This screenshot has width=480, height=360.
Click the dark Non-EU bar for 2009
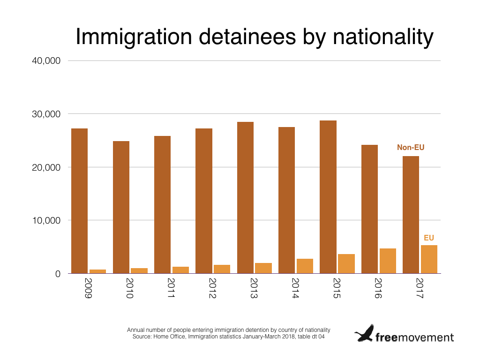point(79,201)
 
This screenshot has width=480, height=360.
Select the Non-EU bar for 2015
point(328,197)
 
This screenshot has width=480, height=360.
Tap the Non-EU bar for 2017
point(411,215)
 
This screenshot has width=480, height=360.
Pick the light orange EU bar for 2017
point(429,259)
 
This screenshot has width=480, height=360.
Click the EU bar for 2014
point(305,266)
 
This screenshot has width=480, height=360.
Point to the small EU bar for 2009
point(97,271)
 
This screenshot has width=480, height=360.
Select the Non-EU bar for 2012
point(204,201)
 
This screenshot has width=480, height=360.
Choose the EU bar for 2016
point(388,261)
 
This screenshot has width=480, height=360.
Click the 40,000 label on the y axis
point(46,60)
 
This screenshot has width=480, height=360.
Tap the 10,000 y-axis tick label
point(46,220)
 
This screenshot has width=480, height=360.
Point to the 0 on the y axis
point(58,274)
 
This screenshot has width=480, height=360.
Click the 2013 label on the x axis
point(254,288)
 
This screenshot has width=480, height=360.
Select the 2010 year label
point(129,288)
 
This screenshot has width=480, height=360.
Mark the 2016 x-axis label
point(378,288)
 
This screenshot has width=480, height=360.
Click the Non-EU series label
point(411,148)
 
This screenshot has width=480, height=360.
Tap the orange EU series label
point(429,238)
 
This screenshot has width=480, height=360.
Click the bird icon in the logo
point(364,333)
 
